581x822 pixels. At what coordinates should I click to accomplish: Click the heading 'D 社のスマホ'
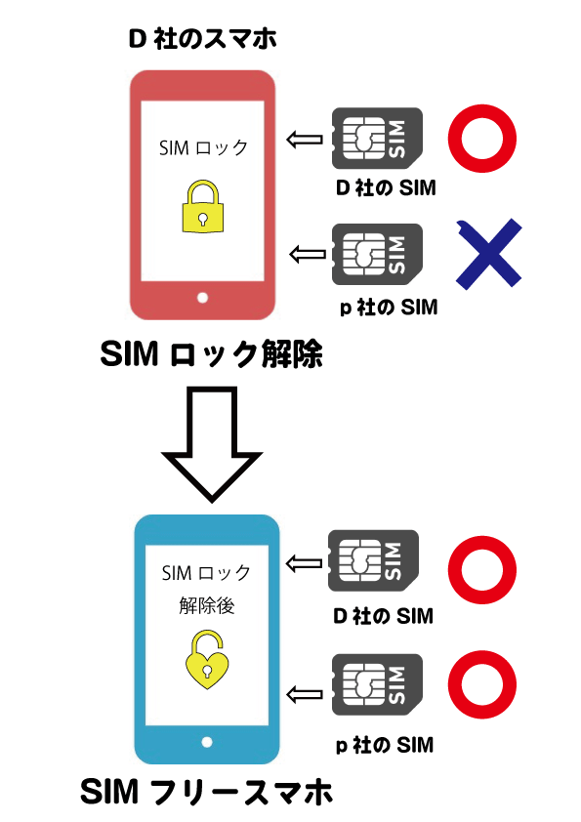coord(202,39)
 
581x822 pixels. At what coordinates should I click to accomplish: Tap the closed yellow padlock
coord(203,207)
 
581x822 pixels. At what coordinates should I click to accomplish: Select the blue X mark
coord(488,254)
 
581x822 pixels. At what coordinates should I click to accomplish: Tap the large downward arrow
coord(212,444)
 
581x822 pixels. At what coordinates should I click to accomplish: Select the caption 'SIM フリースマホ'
coord(207,792)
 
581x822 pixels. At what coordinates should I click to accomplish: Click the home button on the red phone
coord(202,298)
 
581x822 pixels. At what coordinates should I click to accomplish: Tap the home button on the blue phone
coord(207,742)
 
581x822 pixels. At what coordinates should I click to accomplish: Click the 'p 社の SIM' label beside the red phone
coord(389,308)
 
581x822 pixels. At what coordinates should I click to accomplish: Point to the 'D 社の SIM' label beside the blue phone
coord(384,616)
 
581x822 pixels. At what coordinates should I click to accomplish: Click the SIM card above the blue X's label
coord(377,254)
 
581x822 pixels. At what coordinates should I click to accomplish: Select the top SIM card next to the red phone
coord(377,139)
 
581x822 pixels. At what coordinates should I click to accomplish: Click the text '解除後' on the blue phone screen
coord(207,605)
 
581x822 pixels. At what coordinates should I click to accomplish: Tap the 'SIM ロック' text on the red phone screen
coord(203,147)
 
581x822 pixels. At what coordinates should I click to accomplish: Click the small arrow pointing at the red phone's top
coord(305,140)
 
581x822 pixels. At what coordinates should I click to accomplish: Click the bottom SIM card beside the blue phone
coord(377,684)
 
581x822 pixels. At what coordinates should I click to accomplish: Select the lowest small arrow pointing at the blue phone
coord(305,695)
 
